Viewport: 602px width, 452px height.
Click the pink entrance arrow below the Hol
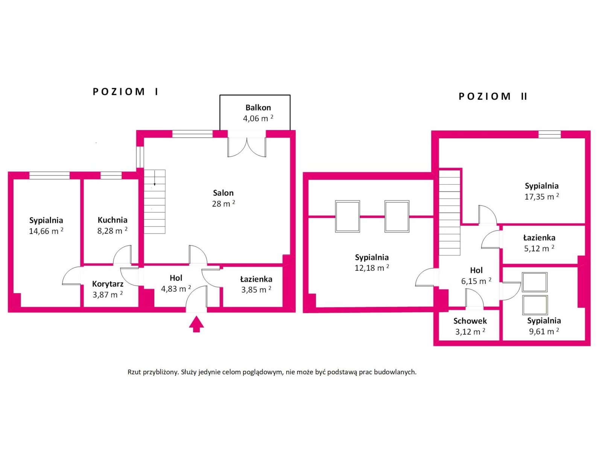tap(196, 324)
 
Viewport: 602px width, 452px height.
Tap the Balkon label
tap(258, 108)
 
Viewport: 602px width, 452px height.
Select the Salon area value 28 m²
tap(223, 204)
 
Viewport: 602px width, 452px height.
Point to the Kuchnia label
tap(112, 220)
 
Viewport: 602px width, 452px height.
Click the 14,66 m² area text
tap(46, 231)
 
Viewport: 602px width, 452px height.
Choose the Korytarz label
tap(108, 284)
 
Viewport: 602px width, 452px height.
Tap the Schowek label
tap(470, 321)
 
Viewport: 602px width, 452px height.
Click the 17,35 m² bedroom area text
tap(542, 197)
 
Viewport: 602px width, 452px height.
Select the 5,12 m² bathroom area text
tap(539, 248)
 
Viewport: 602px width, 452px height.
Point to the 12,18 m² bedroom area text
tap(372, 268)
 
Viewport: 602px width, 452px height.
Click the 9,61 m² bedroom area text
tap(544, 331)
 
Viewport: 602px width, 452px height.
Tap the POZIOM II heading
tap(493, 96)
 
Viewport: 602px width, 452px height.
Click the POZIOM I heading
tap(125, 92)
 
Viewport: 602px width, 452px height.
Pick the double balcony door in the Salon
tap(246, 147)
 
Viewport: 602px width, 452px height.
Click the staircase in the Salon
tap(154, 202)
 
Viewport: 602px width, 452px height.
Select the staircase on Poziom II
tap(449, 213)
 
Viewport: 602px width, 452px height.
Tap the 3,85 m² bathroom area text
tap(256, 290)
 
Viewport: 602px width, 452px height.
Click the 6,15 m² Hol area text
tap(476, 281)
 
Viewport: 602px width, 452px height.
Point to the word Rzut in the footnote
tap(134, 372)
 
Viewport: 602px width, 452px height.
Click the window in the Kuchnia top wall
tap(111, 176)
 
